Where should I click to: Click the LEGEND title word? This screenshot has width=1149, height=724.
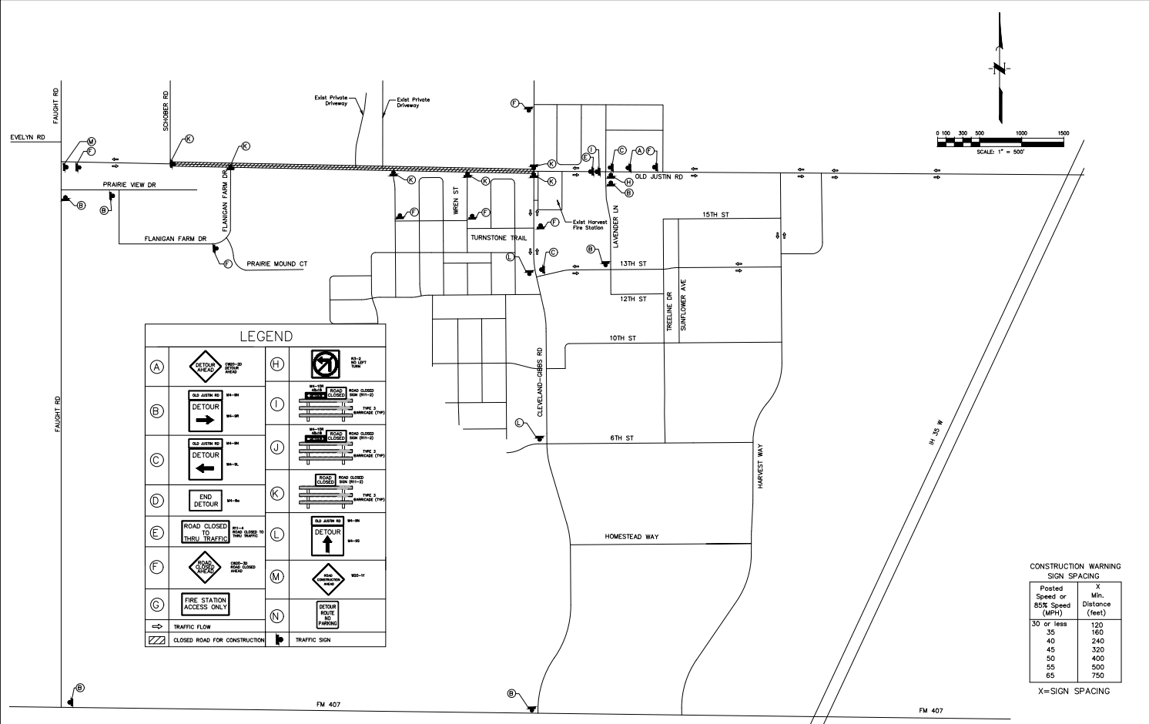click(266, 337)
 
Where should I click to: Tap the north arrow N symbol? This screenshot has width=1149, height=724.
click(1000, 69)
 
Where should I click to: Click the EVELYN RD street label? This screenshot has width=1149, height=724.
click(28, 137)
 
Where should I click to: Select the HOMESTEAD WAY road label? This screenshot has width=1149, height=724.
click(631, 537)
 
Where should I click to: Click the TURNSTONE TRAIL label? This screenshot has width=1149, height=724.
click(498, 238)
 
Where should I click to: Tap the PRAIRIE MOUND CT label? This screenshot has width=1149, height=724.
click(276, 264)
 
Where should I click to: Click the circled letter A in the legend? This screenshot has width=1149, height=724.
click(157, 367)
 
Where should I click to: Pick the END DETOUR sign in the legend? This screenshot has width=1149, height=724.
click(206, 501)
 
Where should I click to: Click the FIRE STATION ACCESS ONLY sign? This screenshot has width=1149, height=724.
click(206, 604)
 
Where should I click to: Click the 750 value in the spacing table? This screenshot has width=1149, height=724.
click(1097, 675)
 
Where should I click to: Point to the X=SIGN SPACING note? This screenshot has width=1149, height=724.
click(1074, 692)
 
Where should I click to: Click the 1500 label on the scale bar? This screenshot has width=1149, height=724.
click(1063, 133)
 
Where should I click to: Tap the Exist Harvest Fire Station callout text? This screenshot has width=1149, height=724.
click(589, 225)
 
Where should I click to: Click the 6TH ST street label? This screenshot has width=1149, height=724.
click(621, 438)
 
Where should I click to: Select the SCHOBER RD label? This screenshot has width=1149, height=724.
click(166, 111)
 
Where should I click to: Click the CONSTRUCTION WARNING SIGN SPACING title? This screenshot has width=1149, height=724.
click(1075, 571)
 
